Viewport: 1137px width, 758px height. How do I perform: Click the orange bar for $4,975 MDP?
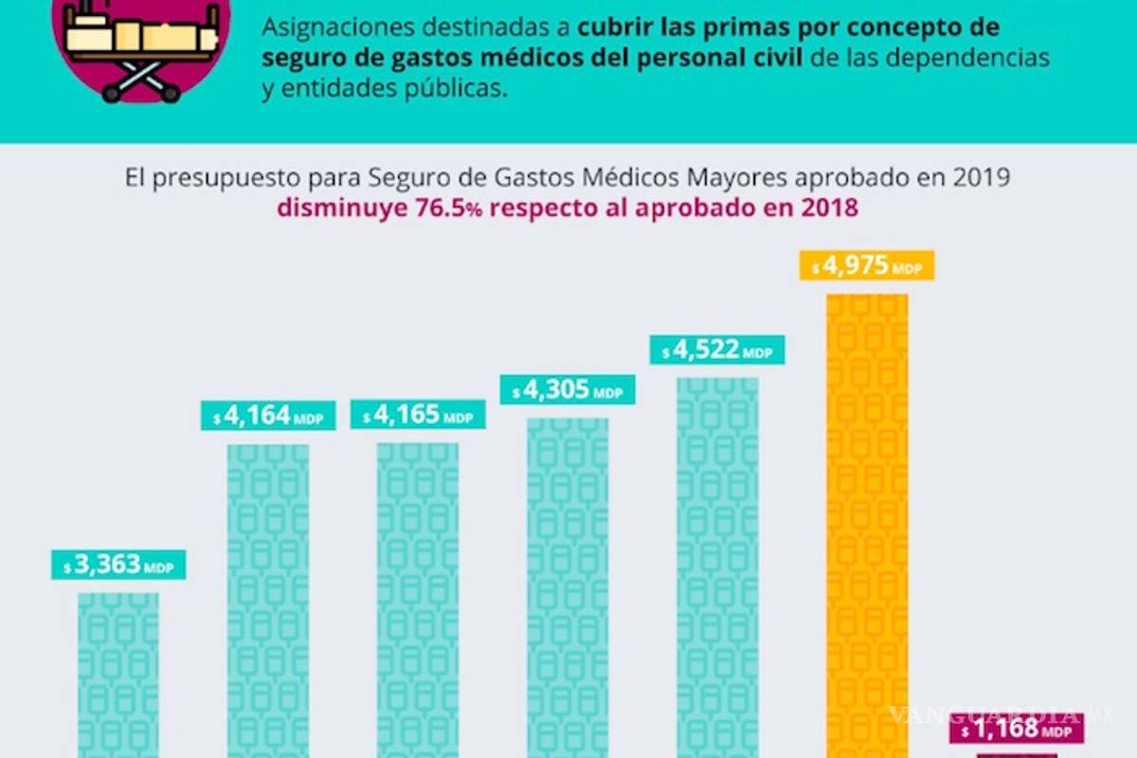pyautogui.click(x=867, y=521)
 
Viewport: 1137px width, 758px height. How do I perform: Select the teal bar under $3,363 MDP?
pyautogui.click(x=118, y=673)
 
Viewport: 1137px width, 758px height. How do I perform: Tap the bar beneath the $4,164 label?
pyautogui.click(x=268, y=597)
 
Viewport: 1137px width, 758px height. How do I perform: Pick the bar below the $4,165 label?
pyautogui.click(x=418, y=597)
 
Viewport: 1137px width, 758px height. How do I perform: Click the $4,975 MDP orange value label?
pyautogui.click(x=867, y=266)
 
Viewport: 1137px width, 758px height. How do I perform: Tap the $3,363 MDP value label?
pyautogui.click(x=118, y=566)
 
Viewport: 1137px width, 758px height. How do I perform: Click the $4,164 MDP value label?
pyautogui.click(x=268, y=416)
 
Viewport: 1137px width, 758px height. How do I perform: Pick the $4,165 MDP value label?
pyautogui.click(x=418, y=416)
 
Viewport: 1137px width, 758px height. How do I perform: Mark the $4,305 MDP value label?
pyautogui.click(x=568, y=389)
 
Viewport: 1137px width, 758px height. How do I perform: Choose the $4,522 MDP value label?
pyautogui.click(x=717, y=351)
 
